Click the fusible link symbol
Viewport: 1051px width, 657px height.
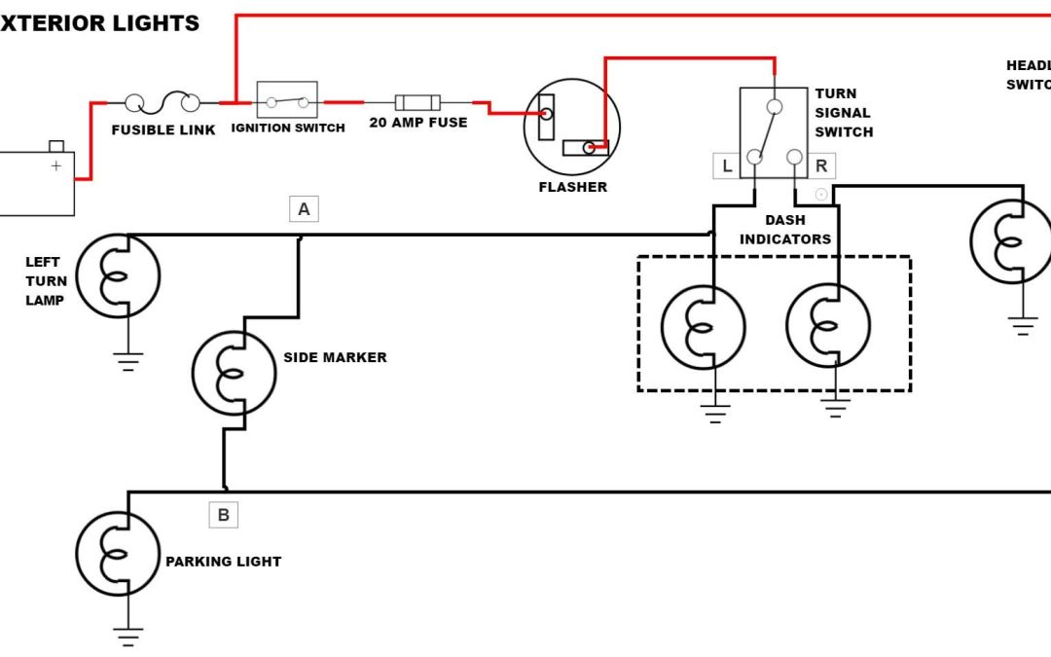[x=163, y=101]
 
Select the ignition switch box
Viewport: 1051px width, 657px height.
[x=287, y=100]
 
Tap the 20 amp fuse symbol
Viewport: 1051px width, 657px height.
[x=417, y=102]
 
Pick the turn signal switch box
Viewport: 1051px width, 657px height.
[x=774, y=132]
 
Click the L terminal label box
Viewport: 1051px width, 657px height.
[x=726, y=166]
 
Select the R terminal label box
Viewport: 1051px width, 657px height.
[x=821, y=166]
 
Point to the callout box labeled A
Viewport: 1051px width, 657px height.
[x=304, y=208]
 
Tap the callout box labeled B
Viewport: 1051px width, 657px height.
[x=223, y=515]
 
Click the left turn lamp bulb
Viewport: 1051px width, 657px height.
[x=118, y=275]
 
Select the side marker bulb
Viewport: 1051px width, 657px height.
[x=234, y=374]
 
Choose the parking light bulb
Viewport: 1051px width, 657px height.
[x=118, y=554]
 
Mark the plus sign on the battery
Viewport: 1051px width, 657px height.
[x=55, y=165]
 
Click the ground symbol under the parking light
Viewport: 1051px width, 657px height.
[x=127, y=637]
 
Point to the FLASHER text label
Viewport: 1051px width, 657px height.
[x=572, y=187]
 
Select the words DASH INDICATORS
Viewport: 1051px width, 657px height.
[x=785, y=230]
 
